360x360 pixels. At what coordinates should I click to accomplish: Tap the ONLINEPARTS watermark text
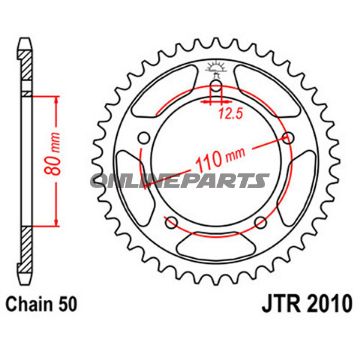(206, 181)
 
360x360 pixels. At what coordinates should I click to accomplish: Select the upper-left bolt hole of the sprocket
(142, 138)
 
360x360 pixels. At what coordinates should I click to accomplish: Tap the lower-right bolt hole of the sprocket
(262, 221)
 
